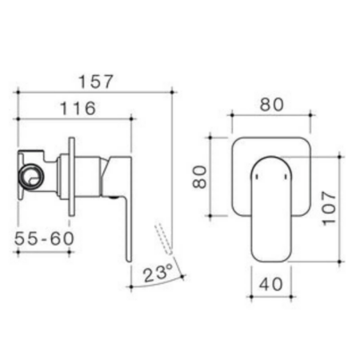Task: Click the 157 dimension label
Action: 96,82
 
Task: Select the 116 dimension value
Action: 78,108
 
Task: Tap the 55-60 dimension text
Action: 44,238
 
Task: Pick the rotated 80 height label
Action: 200,177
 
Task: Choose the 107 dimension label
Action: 329,208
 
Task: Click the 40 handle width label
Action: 271,284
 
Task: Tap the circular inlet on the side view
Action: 31,177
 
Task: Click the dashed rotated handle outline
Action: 163,239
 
